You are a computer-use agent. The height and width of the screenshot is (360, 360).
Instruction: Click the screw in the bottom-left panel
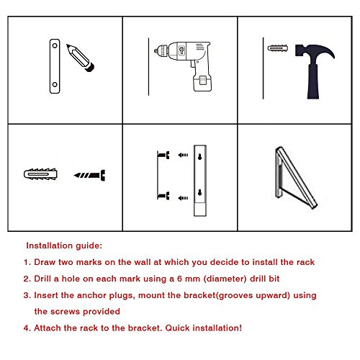[91, 175]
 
